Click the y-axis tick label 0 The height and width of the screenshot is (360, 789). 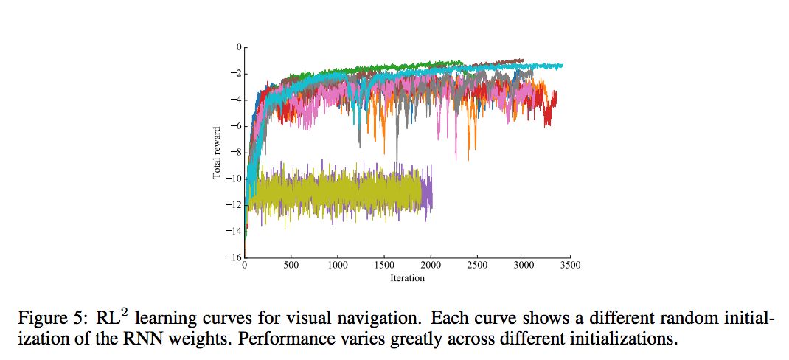click(x=238, y=46)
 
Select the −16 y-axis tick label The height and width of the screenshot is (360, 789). click(x=234, y=257)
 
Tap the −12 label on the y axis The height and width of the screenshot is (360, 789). click(x=234, y=204)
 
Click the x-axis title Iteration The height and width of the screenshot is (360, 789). click(x=407, y=278)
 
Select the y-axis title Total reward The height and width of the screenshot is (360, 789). click(x=218, y=152)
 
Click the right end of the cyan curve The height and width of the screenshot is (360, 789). click(x=563, y=65)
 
